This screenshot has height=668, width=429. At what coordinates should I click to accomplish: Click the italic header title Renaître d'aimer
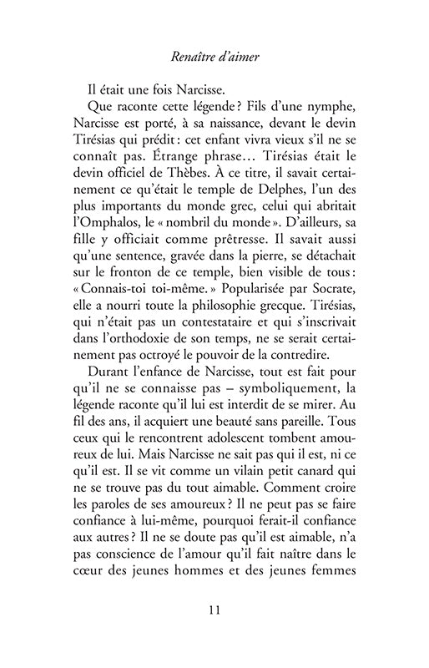point(214,59)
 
